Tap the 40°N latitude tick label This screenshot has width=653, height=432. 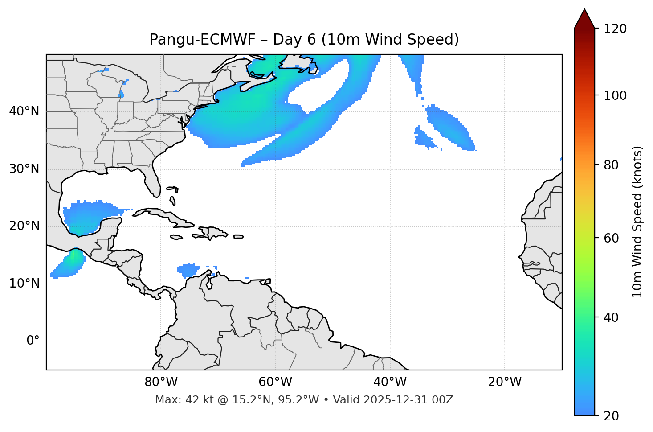click(x=24, y=111)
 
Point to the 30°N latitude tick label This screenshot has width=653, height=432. click(x=24, y=169)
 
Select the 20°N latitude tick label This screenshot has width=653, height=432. click(x=24, y=226)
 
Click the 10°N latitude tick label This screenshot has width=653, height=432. click(x=24, y=284)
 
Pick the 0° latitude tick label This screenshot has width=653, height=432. click(x=33, y=341)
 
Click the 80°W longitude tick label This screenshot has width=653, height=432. click(x=161, y=382)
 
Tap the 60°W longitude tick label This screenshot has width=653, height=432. click(x=275, y=382)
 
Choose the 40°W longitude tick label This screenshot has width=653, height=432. click(x=390, y=382)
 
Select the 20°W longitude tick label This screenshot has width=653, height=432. click(x=504, y=382)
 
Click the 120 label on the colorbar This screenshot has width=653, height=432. click(x=615, y=29)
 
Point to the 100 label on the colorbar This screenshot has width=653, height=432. click(x=615, y=95)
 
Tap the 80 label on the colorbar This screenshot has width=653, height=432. click(x=611, y=165)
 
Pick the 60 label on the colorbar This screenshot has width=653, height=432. click(x=611, y=238)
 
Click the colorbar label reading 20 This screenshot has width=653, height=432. click(x=611, y=416)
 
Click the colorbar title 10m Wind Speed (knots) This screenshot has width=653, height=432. click(x=637, y=222)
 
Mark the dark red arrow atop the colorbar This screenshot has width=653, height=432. click(x=584, y=19)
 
